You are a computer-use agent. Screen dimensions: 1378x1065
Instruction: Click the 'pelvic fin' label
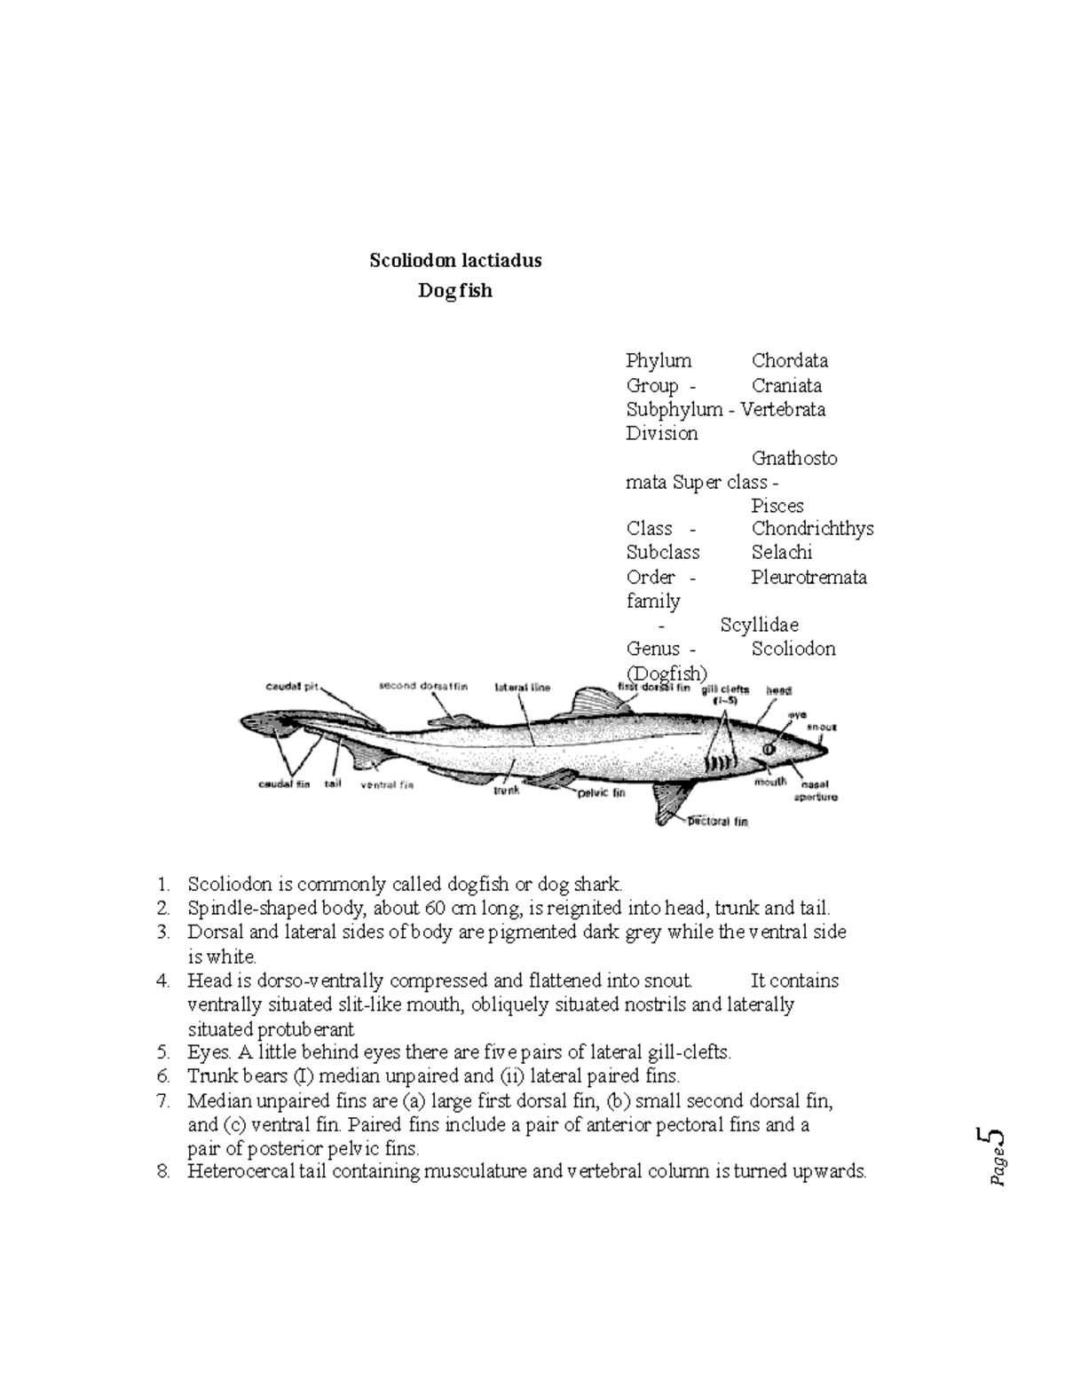point(602,792)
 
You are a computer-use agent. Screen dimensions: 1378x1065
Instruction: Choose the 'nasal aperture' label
point(819,791)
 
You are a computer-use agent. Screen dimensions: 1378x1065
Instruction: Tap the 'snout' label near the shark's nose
point(821,727)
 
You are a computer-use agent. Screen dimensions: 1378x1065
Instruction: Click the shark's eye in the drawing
point(769,751)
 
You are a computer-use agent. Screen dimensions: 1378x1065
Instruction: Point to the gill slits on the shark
point(722,763)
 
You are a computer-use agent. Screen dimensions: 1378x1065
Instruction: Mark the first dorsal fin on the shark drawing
point(590,701)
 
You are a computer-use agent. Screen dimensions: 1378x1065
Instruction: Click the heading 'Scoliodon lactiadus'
point(455,261)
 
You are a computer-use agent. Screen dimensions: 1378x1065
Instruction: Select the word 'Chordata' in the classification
point(790,361)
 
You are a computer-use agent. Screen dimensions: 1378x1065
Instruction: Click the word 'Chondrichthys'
point(812,529)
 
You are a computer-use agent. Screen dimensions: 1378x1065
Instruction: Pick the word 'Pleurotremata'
point(809,578)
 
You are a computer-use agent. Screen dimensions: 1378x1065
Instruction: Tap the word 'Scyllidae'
point(759,626)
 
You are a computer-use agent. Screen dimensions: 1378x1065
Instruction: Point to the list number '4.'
point(162,981)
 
